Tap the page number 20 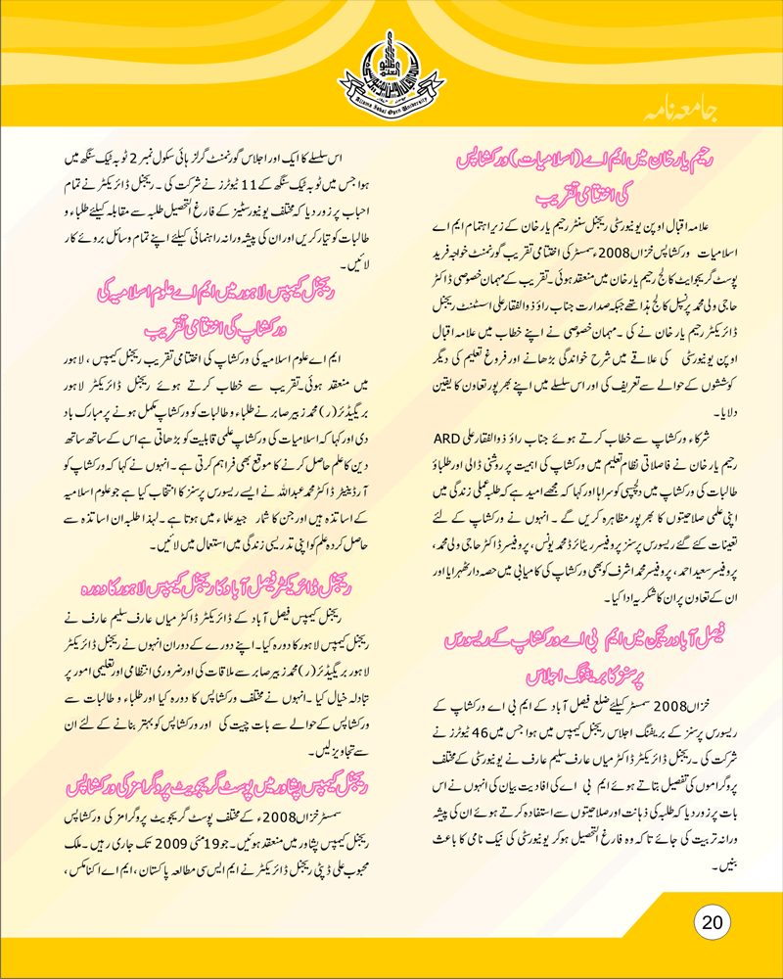coord(712,922)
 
